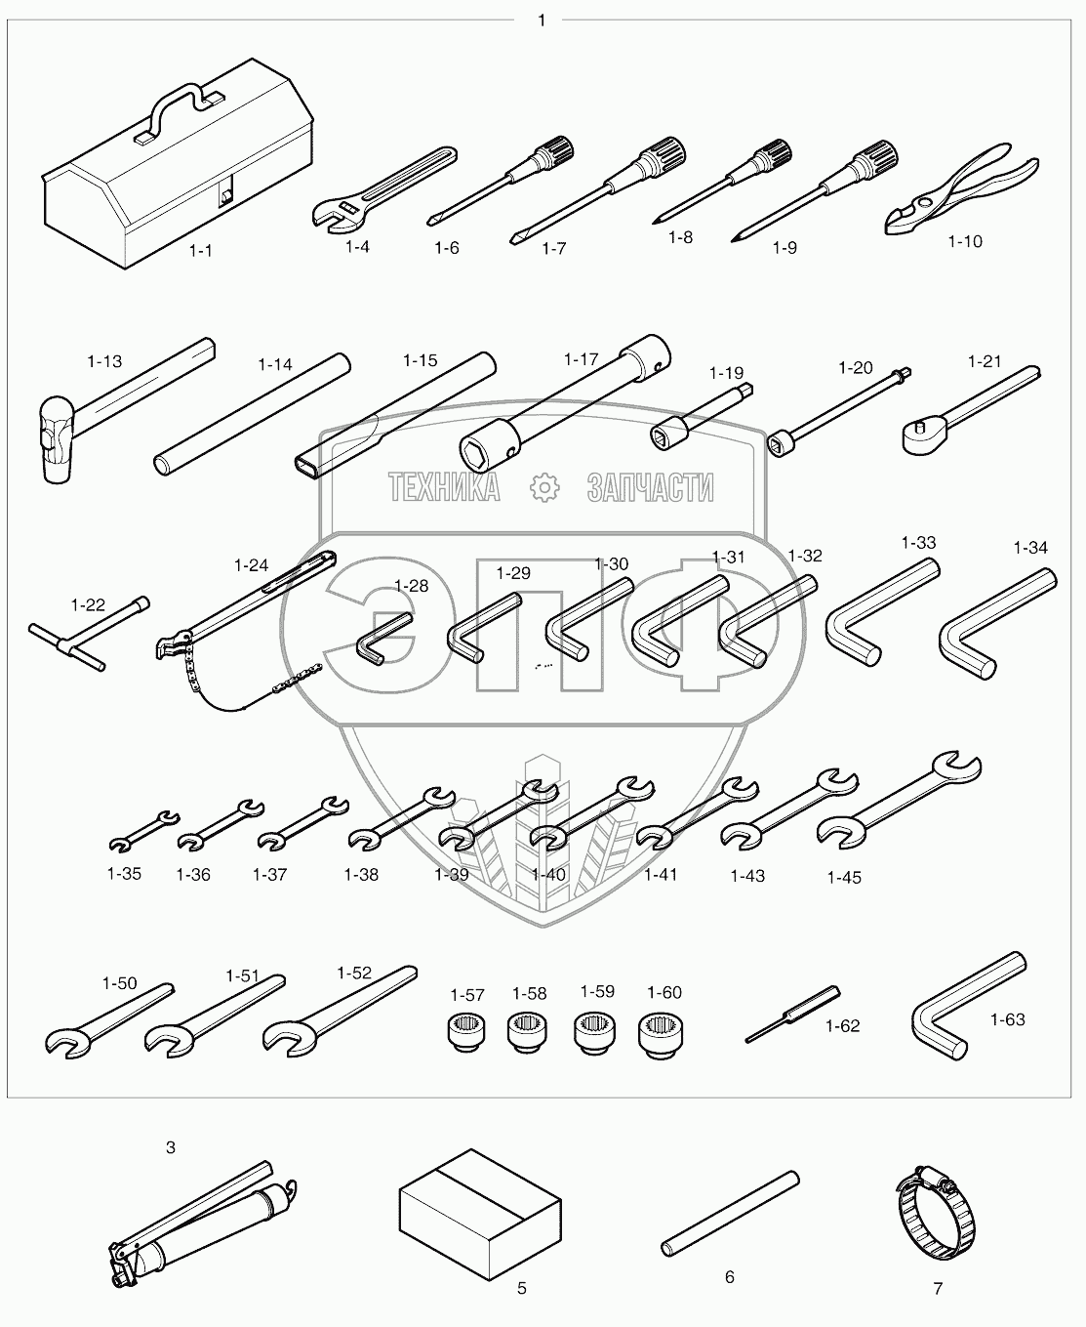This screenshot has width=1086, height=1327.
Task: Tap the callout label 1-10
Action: click(965, 241)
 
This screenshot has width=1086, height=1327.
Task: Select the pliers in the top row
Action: click(961, 187)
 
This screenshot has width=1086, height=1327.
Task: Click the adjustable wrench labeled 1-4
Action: click(384, 187)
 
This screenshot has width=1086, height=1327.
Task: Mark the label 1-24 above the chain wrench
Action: click(251, 565)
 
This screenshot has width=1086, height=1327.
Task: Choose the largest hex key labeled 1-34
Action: click(998, 623)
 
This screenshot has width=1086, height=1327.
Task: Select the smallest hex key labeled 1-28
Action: click(384, 638)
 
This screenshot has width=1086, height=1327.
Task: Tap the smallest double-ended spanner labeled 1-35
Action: click(144, 831)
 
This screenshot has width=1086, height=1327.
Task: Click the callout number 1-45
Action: click(844, 878)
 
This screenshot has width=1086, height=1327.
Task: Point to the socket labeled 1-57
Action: click(467, 1032)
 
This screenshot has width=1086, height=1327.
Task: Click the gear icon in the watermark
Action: click(543, 487)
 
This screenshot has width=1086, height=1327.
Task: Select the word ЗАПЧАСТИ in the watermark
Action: click(650, 487)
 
